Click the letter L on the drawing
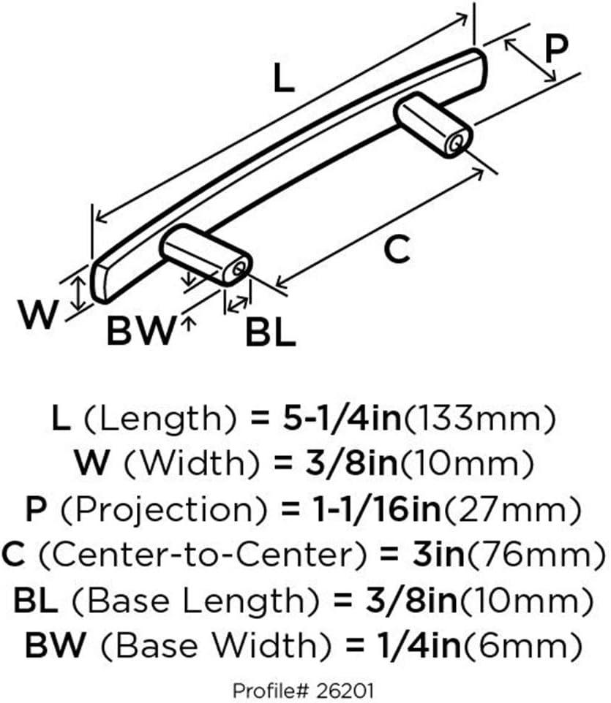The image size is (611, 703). coord(284,78)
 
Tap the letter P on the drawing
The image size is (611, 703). coord(556,48)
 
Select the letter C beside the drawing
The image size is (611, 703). coord(397,249)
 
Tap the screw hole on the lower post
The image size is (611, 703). coord(239,269)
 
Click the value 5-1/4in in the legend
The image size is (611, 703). coord(342,418)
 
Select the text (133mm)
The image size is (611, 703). coord(479,419)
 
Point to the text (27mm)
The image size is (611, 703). coord(511,511)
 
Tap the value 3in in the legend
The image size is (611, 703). coord(438,555)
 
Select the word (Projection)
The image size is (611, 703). coord(163,511)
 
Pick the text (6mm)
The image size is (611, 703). coord(522,647)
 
